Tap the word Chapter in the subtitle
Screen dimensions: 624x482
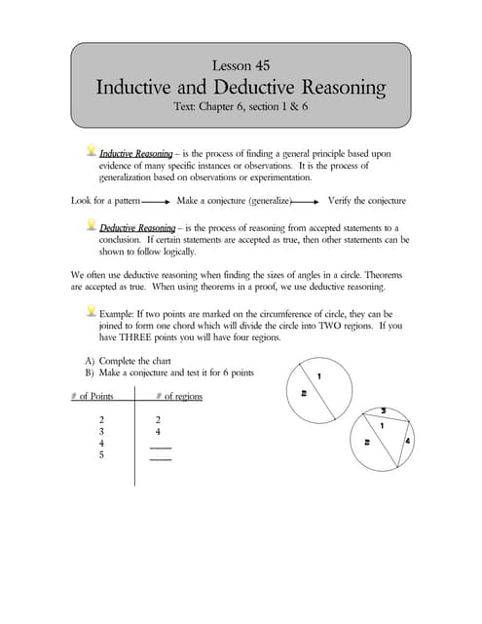pyautogui.click(x=242, y=109)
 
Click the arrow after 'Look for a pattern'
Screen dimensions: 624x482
pyautogui.click(x=156, y=202)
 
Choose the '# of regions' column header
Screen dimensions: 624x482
pyautogui.click(x=179, y=397)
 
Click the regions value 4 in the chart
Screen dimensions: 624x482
pyautogui.click(x=157, y=430)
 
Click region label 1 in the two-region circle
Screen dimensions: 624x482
pyautogui.click(x=319, y=377)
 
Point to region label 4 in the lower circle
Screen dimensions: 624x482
pyautogui.click(x=407, y=442)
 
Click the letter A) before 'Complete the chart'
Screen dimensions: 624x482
pyautogui.click(x=90, y=360)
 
